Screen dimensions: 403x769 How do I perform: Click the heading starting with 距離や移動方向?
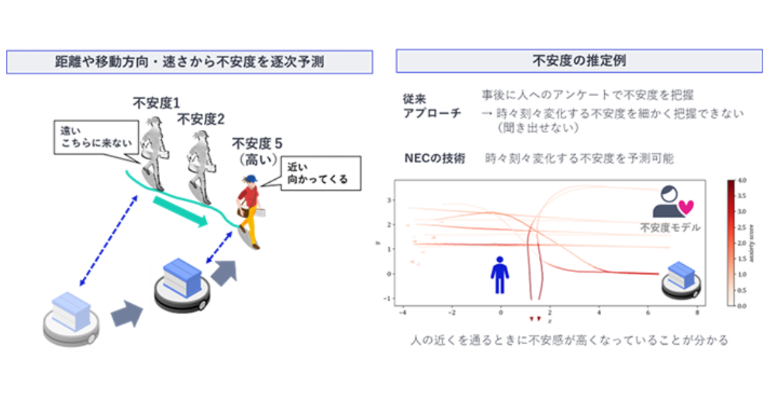[190, 62]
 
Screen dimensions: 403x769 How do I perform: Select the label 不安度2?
[200, 119]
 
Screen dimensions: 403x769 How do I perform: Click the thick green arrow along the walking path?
[181, 212]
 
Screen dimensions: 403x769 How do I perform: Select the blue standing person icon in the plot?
[500, 274]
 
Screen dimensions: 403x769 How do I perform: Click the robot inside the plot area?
[681, 280]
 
